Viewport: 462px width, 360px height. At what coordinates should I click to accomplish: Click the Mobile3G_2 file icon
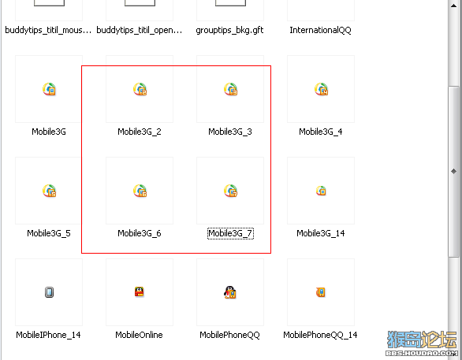(140, 89)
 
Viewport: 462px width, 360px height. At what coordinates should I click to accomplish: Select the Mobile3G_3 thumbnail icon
(231, 89)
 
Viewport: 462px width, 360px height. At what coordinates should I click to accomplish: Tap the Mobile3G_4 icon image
(321, 89)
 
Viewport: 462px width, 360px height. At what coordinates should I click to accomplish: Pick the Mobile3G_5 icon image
(49, 191)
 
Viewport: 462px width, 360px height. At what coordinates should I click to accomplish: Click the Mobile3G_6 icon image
(140, 191)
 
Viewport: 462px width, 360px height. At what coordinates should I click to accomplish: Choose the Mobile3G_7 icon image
(231, 191)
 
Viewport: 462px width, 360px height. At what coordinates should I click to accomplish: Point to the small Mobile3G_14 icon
(321, 191)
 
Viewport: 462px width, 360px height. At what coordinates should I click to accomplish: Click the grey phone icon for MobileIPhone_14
(49, 292)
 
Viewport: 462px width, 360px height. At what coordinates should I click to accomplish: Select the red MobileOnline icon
(140, 291)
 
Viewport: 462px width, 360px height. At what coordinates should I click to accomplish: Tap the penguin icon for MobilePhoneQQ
(230, 292)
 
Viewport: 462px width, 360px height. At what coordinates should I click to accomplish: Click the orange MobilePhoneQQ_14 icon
(321, 292)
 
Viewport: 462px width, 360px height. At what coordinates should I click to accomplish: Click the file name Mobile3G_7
(230, 233)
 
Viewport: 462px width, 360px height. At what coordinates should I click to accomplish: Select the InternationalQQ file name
(321, 30)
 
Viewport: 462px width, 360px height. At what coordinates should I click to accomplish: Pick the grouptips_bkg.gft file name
(230, 30)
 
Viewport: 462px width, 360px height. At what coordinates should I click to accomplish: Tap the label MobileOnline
(139, 335)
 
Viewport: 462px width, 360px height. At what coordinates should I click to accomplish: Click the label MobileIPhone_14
(48, 335)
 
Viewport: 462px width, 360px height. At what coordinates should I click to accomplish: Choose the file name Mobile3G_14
(321, 233)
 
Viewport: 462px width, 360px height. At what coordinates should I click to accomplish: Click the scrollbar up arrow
(454, 6)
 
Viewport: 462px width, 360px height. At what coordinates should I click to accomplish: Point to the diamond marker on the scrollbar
(454, 171)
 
